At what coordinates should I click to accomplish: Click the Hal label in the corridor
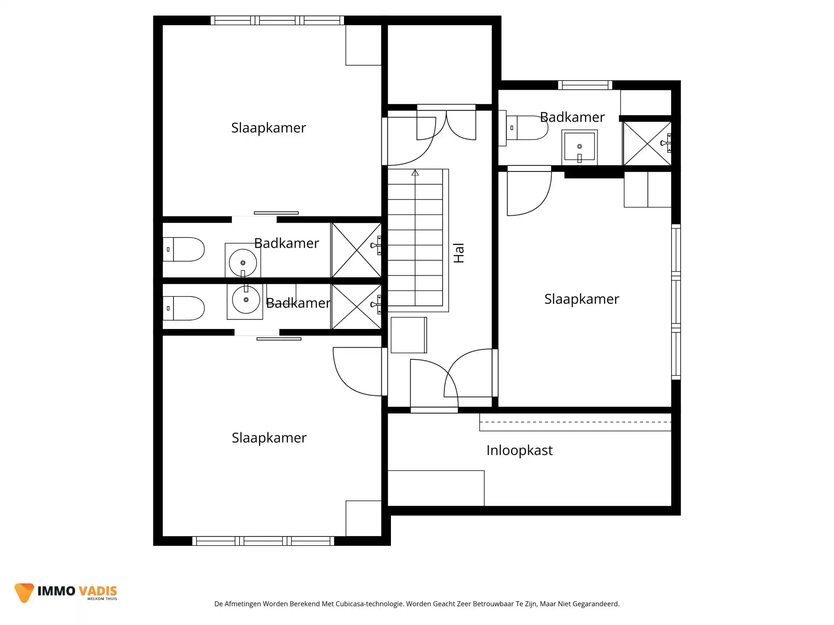click(x=459, y=253)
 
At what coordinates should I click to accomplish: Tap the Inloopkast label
click(x=519, y=451)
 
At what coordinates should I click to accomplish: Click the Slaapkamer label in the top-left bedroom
click(x=268, y=128)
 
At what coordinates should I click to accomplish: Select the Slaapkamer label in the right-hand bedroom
click(x=581, y=299)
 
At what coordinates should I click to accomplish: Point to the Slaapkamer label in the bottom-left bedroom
click(x=269, y=438)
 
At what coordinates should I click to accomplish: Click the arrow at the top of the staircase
click(x=415, y=173)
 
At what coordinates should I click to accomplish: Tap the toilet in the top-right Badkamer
click(x=526, y=128)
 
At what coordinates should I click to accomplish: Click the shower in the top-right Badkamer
click(x=647, y=143)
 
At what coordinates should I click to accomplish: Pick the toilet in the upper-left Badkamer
click(x=184, y=249)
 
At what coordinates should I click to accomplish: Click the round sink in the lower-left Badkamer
click(x=245, y=300)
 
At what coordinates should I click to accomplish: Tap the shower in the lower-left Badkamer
click(x=356, y=306)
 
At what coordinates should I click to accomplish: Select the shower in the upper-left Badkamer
click(x=356, y=250)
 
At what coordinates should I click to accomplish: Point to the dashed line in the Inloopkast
click(x=575, y=422)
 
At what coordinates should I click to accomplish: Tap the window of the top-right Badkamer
click(x=585, y=85)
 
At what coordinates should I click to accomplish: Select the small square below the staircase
click(x=408, y=335)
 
